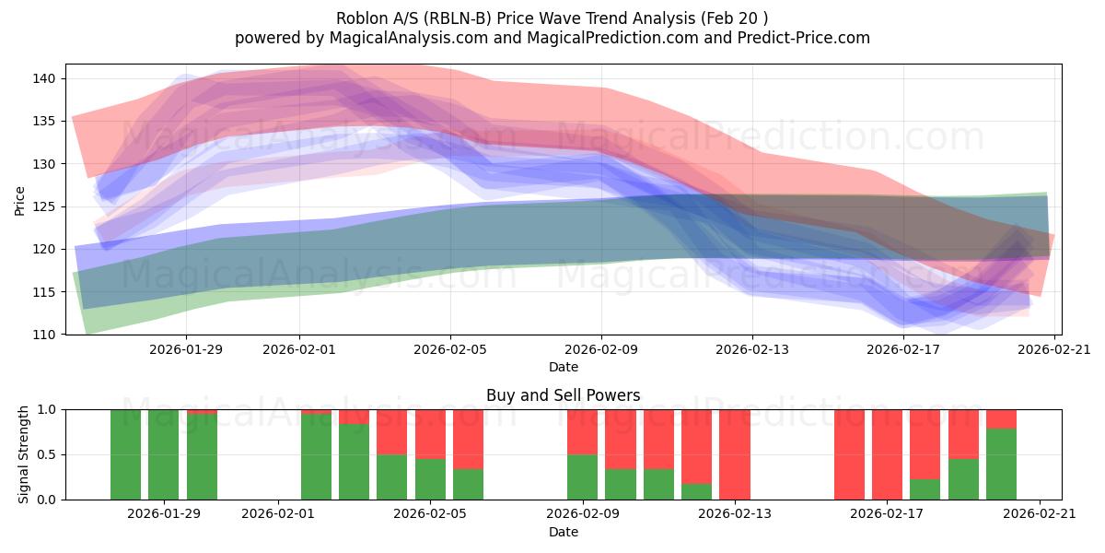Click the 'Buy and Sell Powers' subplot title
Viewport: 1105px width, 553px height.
[563, 395]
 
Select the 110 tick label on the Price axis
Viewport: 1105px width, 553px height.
[46, 334]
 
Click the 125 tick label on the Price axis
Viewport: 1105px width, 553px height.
[46, 206]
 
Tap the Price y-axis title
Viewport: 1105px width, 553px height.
[20, 199]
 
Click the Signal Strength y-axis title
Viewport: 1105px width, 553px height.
[24, 454]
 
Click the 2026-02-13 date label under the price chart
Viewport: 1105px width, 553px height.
[752, 349]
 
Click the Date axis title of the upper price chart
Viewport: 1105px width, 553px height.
[563, 367]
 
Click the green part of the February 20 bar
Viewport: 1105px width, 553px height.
[1001, 465]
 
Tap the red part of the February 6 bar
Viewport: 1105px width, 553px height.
[468, 439]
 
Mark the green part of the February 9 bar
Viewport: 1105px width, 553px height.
[582, 477]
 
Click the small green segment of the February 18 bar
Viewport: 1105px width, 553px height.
[925, 489]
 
